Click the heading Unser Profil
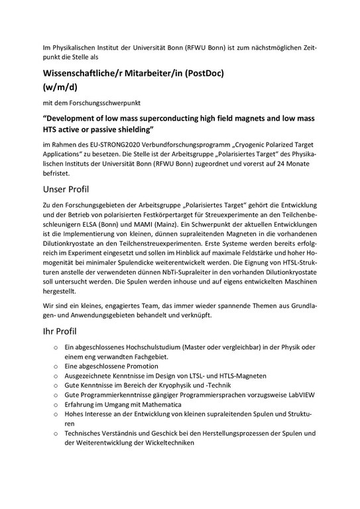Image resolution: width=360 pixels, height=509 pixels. [64, 190]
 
